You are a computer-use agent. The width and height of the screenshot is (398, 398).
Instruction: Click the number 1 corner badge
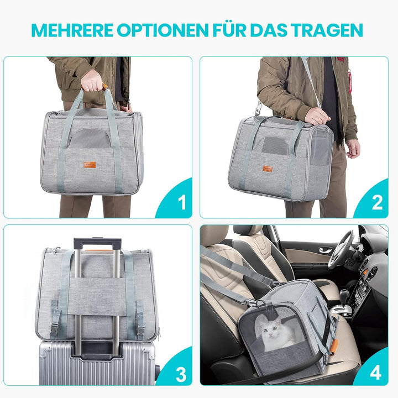(181, 203)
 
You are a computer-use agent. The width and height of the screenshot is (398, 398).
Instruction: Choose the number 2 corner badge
(377, 203)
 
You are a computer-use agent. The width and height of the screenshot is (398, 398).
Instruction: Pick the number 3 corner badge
(181, 374)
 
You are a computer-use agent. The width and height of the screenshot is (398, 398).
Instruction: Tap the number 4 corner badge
(376, 374)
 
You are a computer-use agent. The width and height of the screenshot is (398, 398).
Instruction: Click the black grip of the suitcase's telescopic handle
(97, 244)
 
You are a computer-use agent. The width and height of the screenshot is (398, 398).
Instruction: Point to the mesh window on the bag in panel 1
(91, 138)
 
